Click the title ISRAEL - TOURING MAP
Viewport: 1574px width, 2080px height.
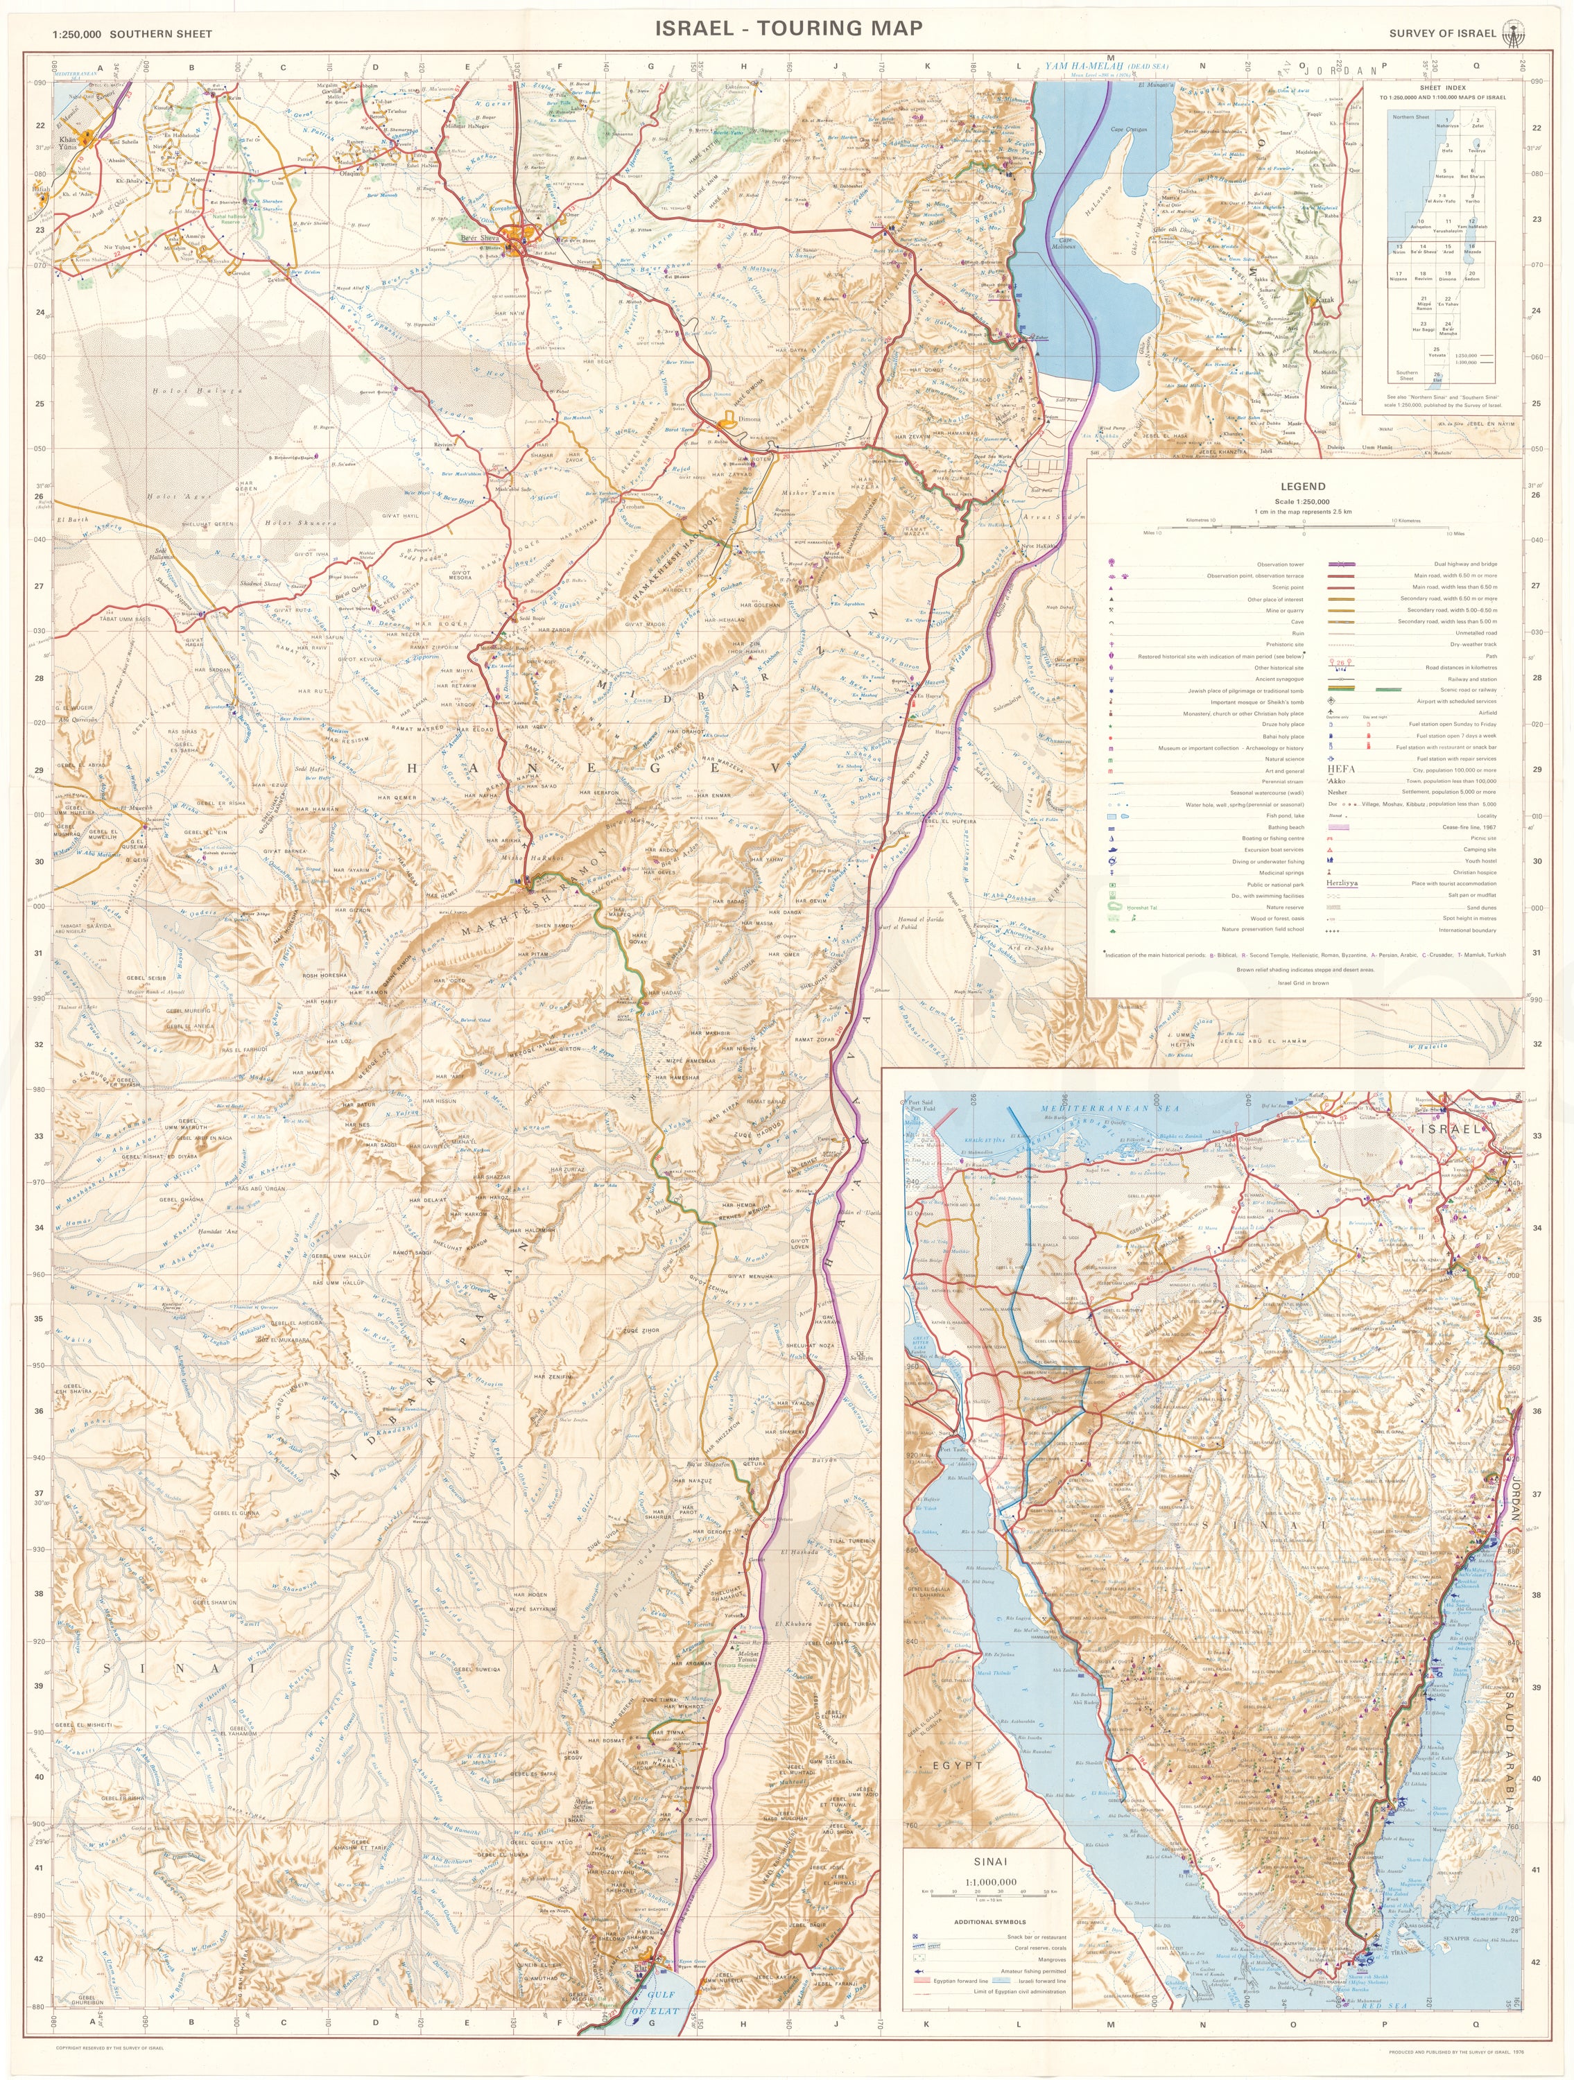tap(788, 28)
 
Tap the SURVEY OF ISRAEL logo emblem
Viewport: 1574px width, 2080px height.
tap(1512, 32)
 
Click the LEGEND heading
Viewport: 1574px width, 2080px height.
tap(1302, 486)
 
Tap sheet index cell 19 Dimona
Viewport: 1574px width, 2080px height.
tap(1447, 275)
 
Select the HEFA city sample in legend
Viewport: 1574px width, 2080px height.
tap(1342, 768)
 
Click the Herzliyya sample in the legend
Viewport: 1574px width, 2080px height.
tap(1344, 884)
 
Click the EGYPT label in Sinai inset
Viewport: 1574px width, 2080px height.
tap(956, 1765)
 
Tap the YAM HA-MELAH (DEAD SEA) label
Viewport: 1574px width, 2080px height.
tap(1107, 67)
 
